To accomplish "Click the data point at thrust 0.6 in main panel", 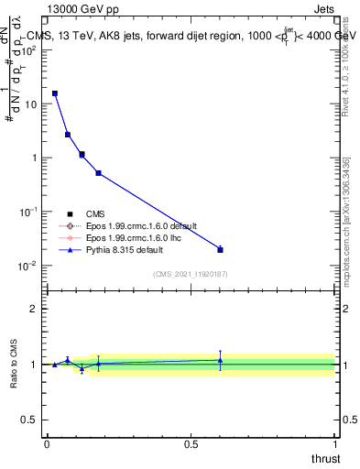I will pyautogui.click(x=220, y=249).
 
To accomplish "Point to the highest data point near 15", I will pyautogui.click(x=55, y=93).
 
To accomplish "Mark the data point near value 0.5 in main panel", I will pyautogui.click(x=98, y=173).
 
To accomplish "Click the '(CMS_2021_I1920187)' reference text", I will pyautogui.click(x=191, y=274).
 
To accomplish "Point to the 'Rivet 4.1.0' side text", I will pyautogui.click(x=352, y=69).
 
